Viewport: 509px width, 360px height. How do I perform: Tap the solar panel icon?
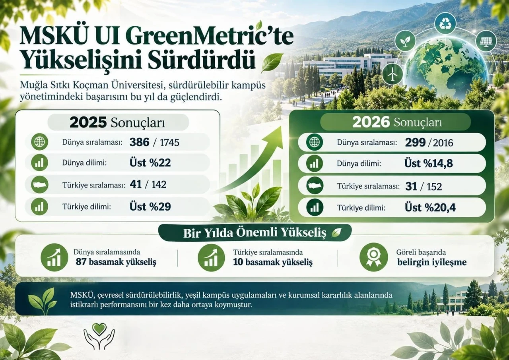(x=486, y=41)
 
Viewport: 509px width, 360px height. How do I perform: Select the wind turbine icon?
(x=392, y=74)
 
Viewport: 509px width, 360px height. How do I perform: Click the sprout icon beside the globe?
(x=405, y=41)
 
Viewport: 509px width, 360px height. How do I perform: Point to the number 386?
(x=140, y=142)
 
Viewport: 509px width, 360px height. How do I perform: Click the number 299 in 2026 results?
(x=415, y=143)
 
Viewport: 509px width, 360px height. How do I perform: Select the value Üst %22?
(x=150, y=163)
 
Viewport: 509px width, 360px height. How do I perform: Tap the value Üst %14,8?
(x=429, y=163)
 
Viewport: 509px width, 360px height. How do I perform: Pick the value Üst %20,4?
(x=430, y=207)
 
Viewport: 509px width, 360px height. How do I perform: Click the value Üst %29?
(x=150, y=207)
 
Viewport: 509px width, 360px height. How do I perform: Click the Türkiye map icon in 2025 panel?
(x=39, y=184)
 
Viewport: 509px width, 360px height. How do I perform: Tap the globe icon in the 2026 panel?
(x=315, y=142)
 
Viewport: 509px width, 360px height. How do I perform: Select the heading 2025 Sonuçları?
(x=117, y=122)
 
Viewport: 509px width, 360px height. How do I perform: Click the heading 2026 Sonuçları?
(x=397, y=122)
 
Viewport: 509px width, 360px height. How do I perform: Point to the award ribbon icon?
(x=373, y=257)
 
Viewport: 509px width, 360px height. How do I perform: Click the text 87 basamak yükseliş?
(x=116, y=262)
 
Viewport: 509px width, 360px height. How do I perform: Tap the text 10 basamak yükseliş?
(x=273, y=262)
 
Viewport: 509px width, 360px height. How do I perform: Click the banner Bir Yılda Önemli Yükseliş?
(x=255, y=233)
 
